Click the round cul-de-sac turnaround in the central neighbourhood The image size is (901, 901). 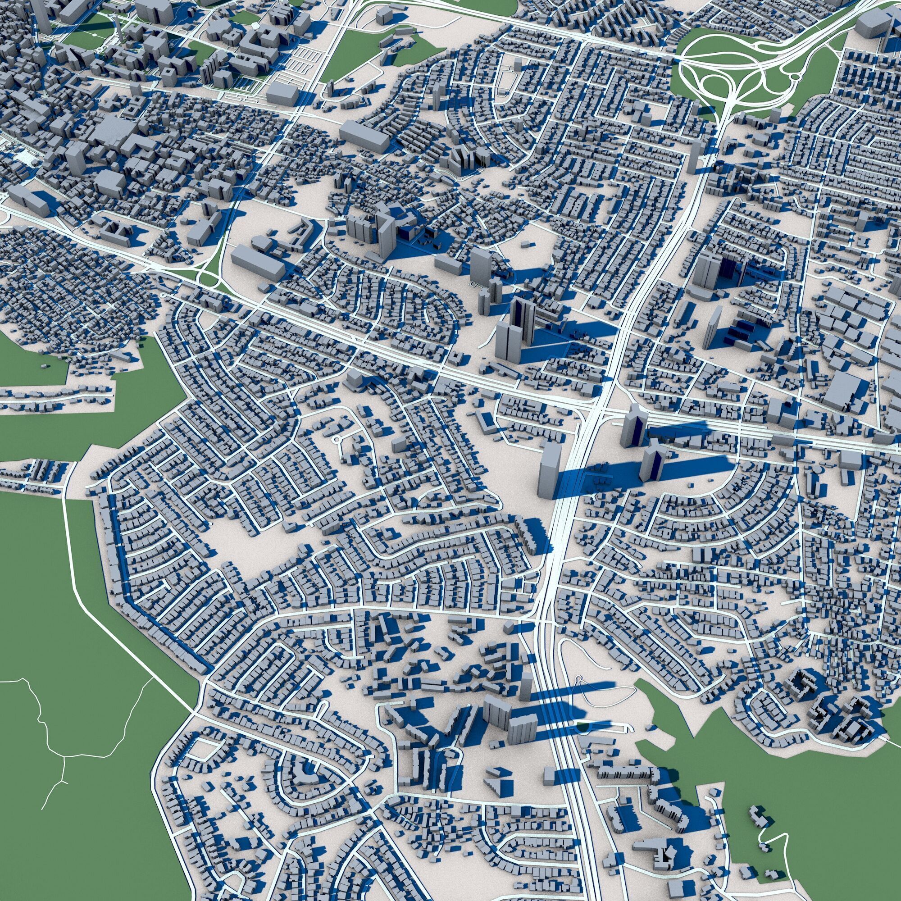336,439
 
